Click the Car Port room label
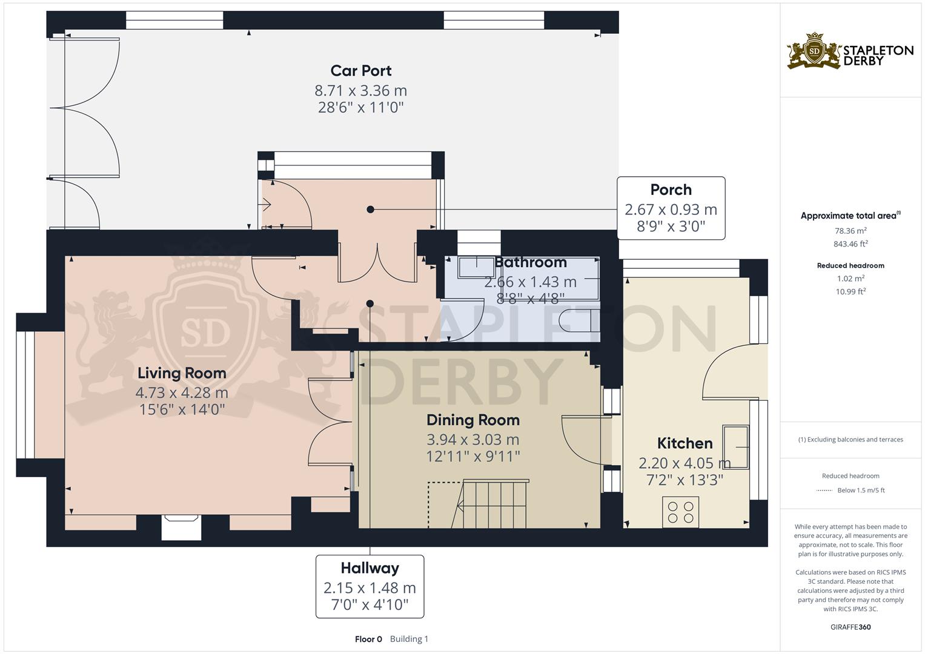click(361, 71)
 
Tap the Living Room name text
click(182, 373)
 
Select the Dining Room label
click(473, 420)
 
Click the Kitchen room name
click(685, 443)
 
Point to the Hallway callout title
click(370, 569)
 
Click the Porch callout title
click(671, 190)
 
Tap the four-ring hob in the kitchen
click(680, 512)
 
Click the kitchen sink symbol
click(735, 447)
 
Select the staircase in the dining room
click(489, 504)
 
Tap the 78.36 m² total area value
click(850, 231)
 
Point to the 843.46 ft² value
click(850, 244)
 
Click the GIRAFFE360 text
click(850, 627)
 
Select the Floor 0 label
click(368, 639)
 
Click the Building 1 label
click(409, 639)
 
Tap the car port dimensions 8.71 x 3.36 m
click(360, 90)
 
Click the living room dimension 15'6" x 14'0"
click(182, 409)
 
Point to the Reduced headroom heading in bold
click(850, 265)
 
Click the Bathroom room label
click(530, 262)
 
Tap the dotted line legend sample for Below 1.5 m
click(824, 490)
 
